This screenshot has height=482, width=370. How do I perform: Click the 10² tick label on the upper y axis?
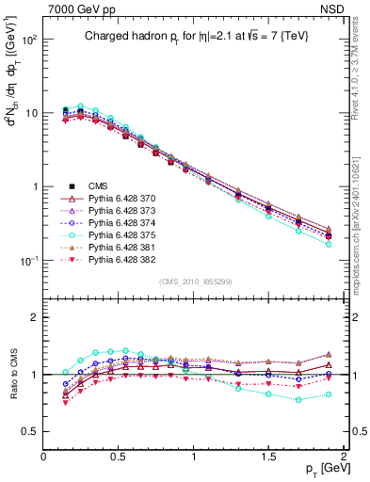coord(27,40)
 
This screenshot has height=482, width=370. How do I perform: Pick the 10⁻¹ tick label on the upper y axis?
coord(27,260)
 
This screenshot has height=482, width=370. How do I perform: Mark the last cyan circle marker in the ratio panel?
coord(329,394)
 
